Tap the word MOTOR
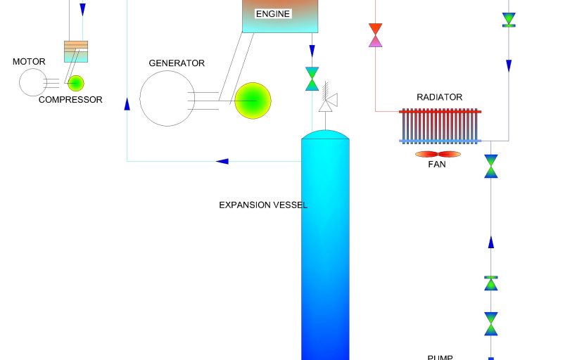[29, 62]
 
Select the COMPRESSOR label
[70, 100]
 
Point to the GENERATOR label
[177, 63]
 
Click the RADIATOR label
[440, 97]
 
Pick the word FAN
[437, 165]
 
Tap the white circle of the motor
[32, 83]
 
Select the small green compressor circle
[75, 83]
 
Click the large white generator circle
[167, 98]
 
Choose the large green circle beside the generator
[253, 101]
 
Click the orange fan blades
[438, 154]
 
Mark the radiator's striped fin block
[440, 126]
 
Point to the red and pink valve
[375, 35]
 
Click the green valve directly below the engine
[312, 78]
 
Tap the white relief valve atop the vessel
[326, 101]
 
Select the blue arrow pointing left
[222, 161]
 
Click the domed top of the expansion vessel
[325, 134]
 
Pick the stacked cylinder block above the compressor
[76, 51]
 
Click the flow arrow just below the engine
[312, 51]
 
